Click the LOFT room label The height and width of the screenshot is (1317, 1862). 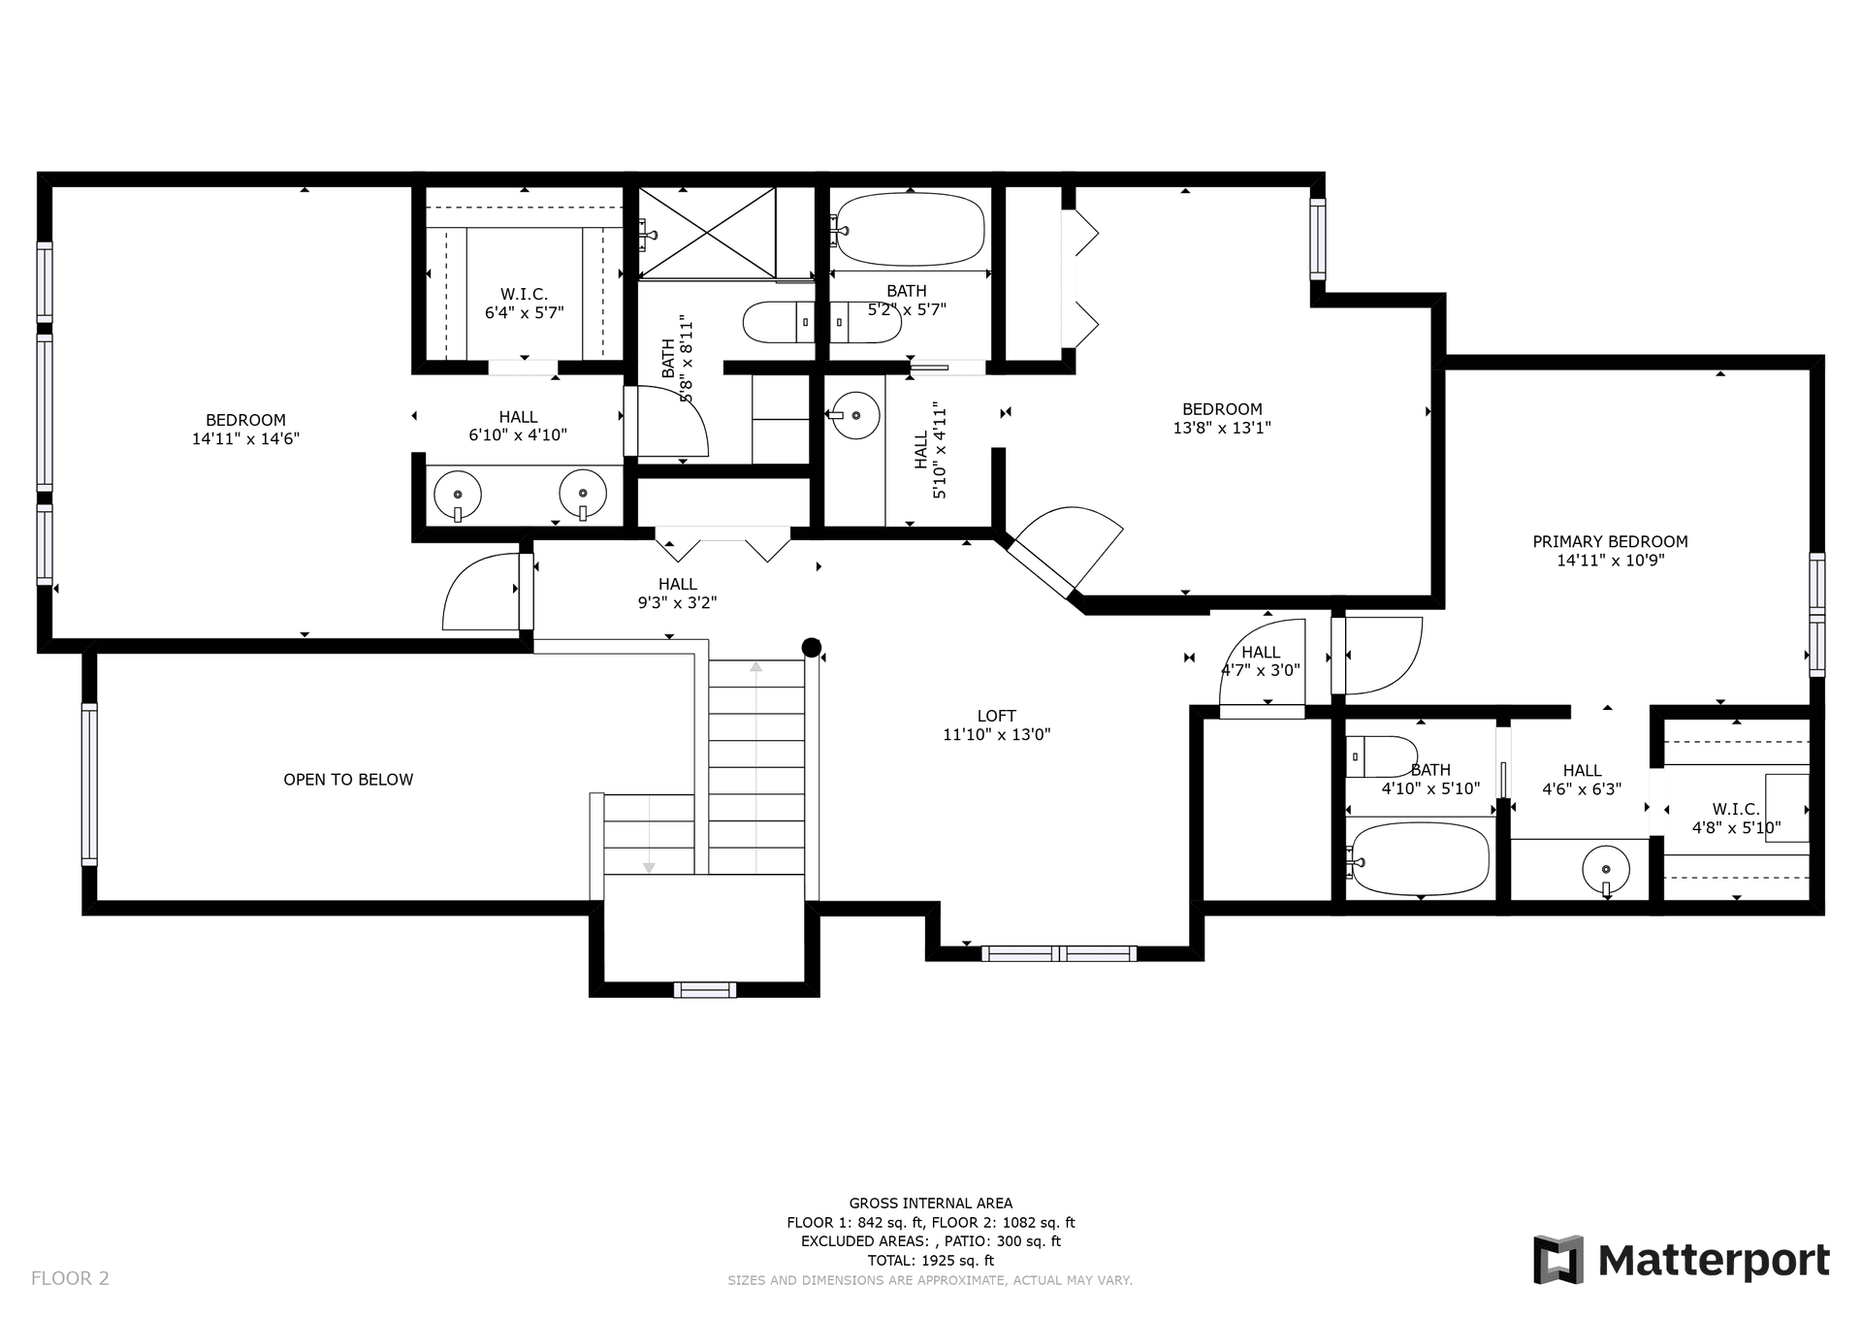(996, 717)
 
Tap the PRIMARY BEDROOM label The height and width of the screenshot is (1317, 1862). (1610, 541)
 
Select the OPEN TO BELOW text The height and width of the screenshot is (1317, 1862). (348, 780)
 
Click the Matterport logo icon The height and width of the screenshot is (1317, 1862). (1557, 1260)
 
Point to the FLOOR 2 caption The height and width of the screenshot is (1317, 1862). (70, 1278)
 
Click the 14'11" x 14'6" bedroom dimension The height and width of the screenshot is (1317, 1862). (245, 438)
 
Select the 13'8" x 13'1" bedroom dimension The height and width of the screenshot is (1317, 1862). (1222, 428)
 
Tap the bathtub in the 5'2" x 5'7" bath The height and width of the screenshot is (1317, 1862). (910, 230)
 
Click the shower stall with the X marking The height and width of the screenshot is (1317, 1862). (707, 233)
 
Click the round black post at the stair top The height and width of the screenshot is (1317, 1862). (812, 647)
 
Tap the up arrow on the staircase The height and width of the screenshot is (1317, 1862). (756, 666)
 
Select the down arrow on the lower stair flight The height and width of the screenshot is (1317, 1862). (649, 867)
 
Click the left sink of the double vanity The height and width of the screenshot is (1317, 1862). (457, 495)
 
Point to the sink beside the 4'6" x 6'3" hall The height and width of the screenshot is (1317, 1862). (1606, 869)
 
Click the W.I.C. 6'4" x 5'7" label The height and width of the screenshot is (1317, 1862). (525, 304)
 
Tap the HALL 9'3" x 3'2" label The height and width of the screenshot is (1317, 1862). (677, 594)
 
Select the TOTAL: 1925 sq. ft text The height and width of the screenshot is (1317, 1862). (930, 1261)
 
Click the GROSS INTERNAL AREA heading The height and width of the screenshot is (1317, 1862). (931, 1204)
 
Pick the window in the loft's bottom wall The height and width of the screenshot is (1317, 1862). (1059, 953)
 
